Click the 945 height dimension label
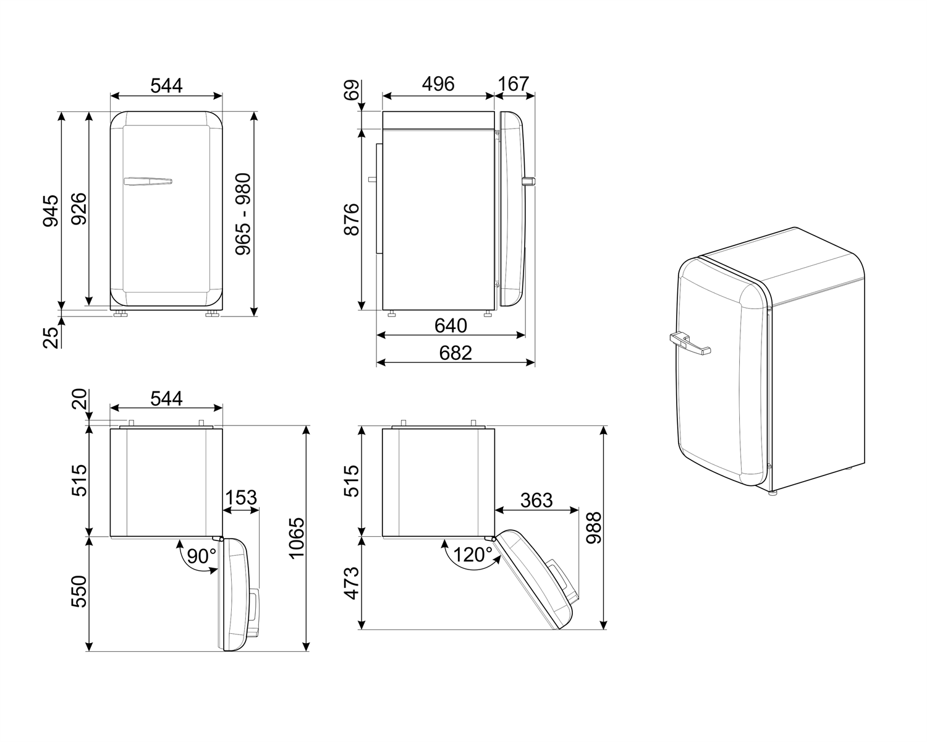pyautogui.click(x=51, y=211)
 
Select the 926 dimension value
pyautogui.click(x=78, y=209)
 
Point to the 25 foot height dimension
pyautogui.click(x=52, y=337)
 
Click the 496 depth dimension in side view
pyautogui.click(x=438, y=83)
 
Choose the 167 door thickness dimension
pyautogui.click(x=514, y=83)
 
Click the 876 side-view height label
pyautogui.click(x=351, y=219)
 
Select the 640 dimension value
pyautogui.click(x=451, y=325)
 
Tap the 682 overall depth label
pyautogui.click(x=455, y=352)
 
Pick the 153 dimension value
pyautogui.click(x=240, y=498)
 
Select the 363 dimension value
pyautogui.click(x=536, y=500)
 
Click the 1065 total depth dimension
pyautogui.click(x=297, y=538)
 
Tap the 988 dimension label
pyautogui.click(x=594, y=527)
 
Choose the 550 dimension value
pyautogui.click(x=79, y=591)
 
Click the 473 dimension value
pyautogui.click(x=351, y=582)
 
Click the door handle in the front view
pyautogui.click(x=148, y=181)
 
